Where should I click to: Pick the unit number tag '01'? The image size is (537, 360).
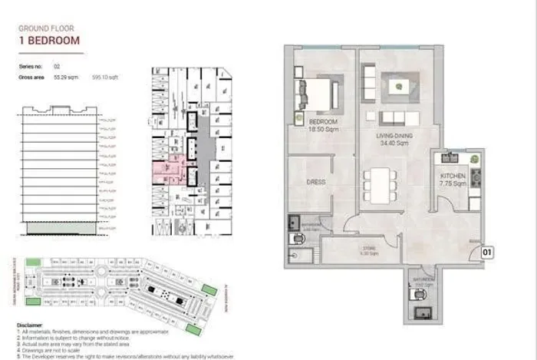[x=486, y=250]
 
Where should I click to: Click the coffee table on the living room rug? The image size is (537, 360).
[x=400, y=87]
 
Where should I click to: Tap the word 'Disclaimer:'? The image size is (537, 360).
[x=31, y=325]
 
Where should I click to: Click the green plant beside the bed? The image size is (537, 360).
[x=298, y=117]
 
